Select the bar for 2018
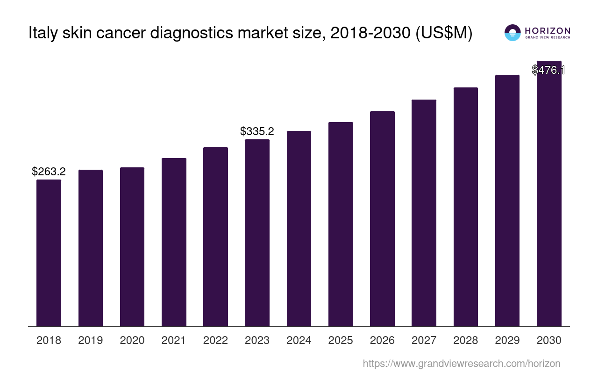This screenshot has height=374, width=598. (x=49, y=252)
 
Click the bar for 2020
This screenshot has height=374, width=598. (x=132, y=246)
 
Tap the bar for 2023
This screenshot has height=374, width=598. (x=257, y=232)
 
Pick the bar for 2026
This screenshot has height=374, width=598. (x=382, y=218)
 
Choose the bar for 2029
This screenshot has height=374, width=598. (x=507, y=200)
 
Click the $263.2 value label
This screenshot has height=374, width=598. (x=49, y=172)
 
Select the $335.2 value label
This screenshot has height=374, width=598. (x=257, y=131)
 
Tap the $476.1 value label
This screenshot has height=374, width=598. (x=548, y=70)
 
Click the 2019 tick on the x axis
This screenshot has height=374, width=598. (x=91, y=340)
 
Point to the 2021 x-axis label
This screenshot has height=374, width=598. (x=174, y=340)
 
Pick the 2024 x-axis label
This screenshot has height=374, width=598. (x=299, y=340)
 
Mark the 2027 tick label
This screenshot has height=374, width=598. (x=424, y=340)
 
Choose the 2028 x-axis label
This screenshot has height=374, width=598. (x=466, y=340)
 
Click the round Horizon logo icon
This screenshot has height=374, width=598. (x=513, y=33)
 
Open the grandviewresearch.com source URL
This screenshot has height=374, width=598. (x=462, y=363)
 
